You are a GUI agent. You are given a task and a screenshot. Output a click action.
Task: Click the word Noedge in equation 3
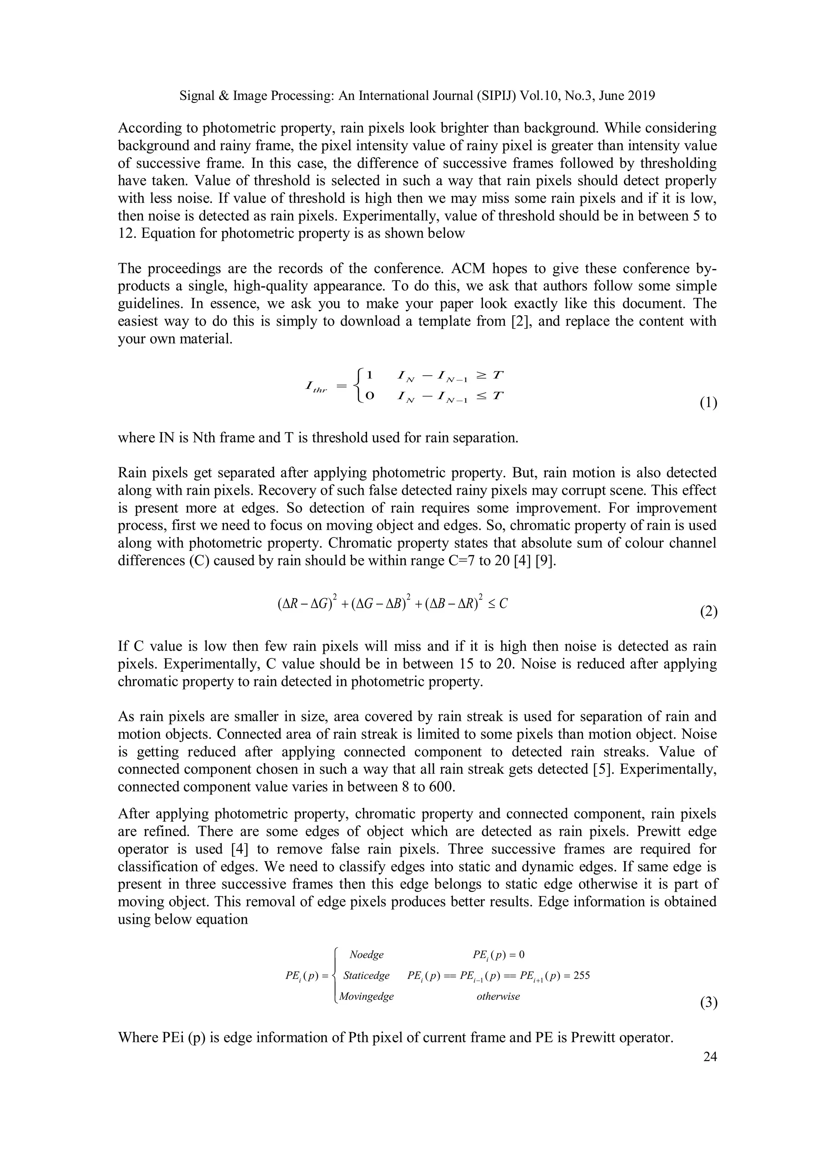pyautogui.click(x=367, y=955)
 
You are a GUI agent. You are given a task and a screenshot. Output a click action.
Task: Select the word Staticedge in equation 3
pyautogui.click(x=366, y=975)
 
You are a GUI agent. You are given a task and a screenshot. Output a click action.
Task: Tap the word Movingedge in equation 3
pyautogui.click(x=366, y=996)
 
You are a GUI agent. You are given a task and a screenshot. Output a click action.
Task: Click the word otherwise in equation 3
pyautogui.click(x=498, y=996)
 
